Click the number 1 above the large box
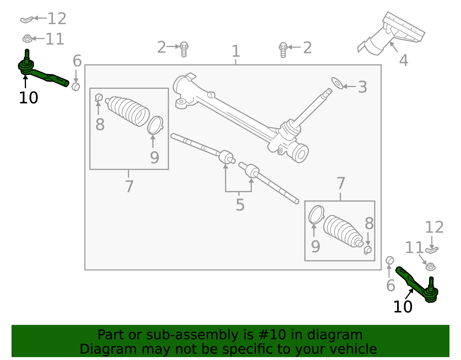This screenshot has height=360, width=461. [236, 51]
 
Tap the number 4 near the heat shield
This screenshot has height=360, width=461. [403, 61]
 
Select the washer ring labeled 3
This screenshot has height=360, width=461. [337, 83]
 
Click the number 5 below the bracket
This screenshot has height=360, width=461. [240, 205]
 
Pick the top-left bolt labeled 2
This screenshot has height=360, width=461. [184, 49]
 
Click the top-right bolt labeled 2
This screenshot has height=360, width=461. [283, 50]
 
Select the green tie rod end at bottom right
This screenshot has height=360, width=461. [418, 285]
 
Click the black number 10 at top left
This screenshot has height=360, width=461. [28, 98]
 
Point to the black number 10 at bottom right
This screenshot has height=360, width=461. [403, 307]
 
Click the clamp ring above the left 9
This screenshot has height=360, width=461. [155, 125]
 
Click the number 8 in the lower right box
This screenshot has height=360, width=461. [369, 224]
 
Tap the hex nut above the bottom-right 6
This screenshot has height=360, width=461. [390, 260]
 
